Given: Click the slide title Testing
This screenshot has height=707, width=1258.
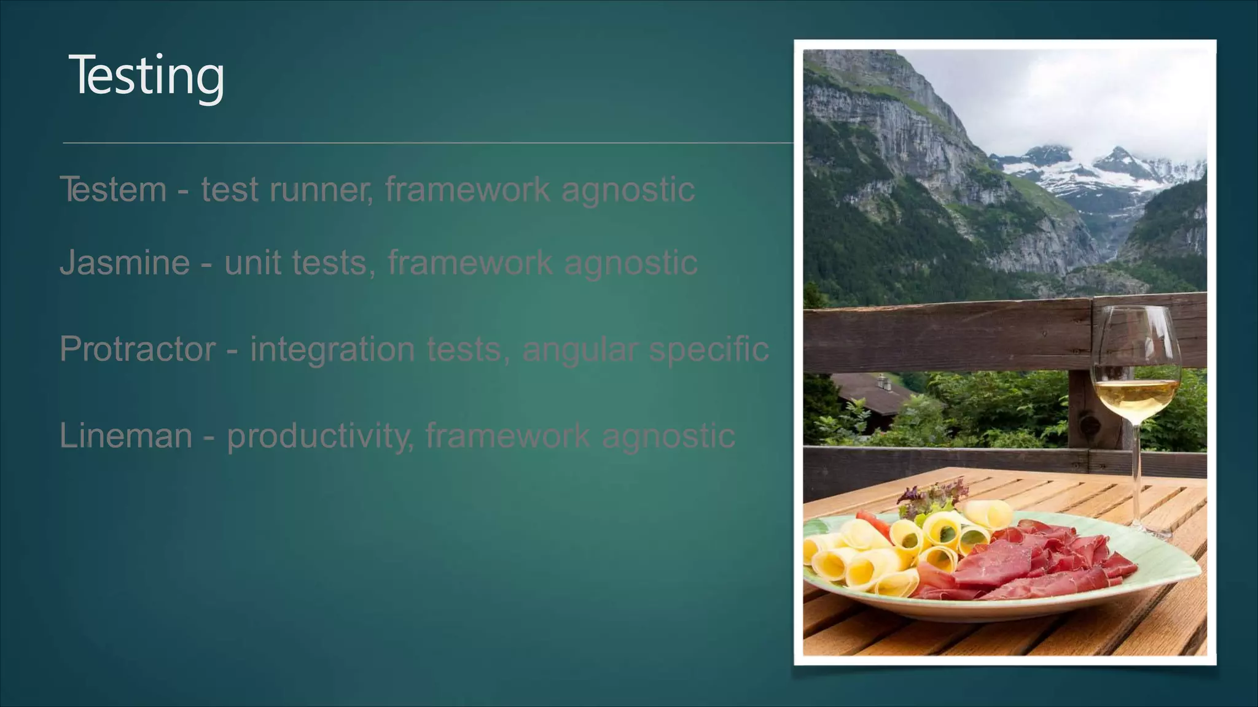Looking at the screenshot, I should point(146,75).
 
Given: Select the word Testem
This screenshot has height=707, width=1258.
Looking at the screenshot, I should point(113,189).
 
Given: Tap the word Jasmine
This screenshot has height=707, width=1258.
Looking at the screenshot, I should point(125,263).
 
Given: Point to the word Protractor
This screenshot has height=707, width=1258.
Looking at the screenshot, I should point(138,349).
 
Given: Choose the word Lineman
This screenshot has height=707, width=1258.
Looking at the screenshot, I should point(126,436).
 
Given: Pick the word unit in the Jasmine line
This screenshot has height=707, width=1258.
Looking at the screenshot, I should point(252,263).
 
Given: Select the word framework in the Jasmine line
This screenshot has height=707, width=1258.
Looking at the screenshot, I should point(470,263).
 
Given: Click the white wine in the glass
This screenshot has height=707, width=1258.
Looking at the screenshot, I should point(1136,396).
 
